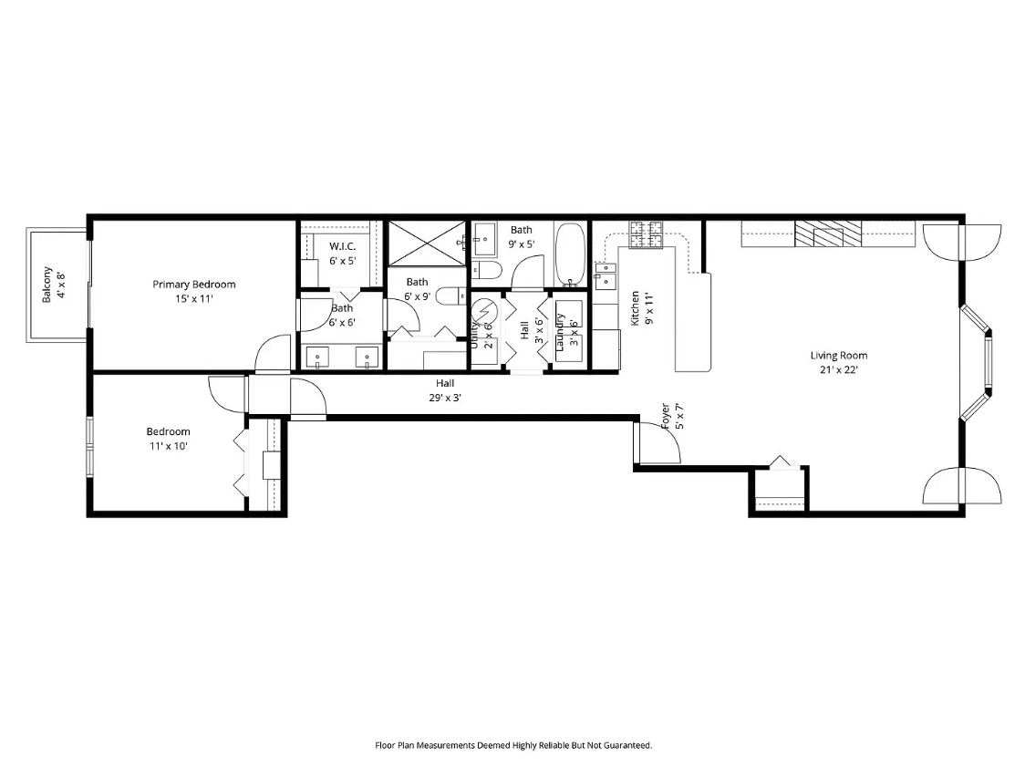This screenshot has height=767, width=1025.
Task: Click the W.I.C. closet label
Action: [x=343, y=253]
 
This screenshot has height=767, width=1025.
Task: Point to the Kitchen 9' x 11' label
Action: [x=641, y=308]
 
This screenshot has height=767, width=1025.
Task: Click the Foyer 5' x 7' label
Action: [x=673, y=416]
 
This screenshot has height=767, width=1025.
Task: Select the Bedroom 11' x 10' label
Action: [x=168, y=439]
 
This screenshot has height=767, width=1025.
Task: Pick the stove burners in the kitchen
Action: [x=646, y=234]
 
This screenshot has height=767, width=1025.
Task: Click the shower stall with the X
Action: [x=427, y=244]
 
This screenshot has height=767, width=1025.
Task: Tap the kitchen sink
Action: [x=605, y=275]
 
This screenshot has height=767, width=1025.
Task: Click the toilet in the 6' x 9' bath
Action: [x=451, y=296]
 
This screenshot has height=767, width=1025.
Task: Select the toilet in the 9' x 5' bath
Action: [x=486, y=269]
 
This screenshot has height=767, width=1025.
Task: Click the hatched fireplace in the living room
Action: [x=828, y=233]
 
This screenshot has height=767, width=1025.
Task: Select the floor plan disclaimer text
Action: [x=513, y=745]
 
